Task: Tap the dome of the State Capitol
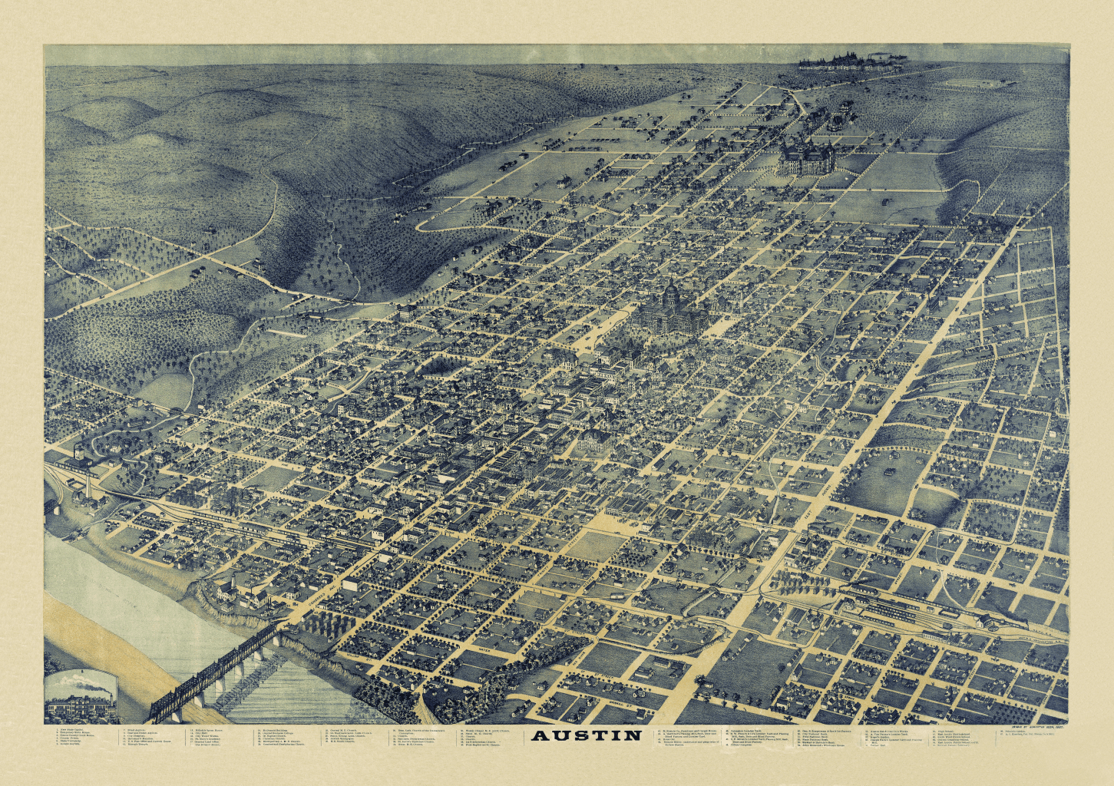671,292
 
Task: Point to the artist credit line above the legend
1033,727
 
